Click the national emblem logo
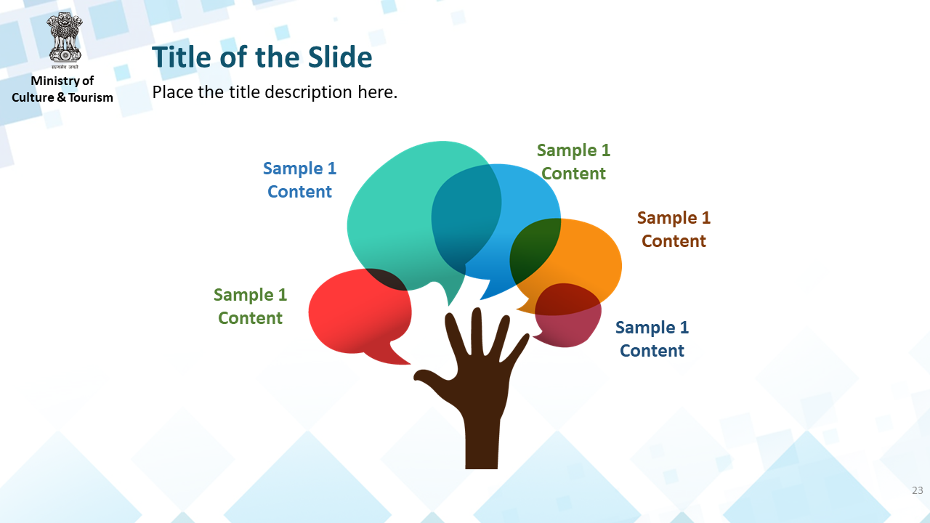[x=65, y=41]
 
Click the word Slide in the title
[x=340, y=57]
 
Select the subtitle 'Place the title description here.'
[x=275, y=92]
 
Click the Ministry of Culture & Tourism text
[x=62, y=89]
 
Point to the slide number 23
[x=918, y=490]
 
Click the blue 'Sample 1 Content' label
[x=300, y=179]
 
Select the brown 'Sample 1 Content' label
[x=674, y=229]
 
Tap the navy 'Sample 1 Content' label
[x=652, y=338]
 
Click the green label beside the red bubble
[x=251, y=307]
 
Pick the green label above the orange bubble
[x=573, y=161]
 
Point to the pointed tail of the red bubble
[x=408, y=364]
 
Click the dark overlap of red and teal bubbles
[x=386, y=279]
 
